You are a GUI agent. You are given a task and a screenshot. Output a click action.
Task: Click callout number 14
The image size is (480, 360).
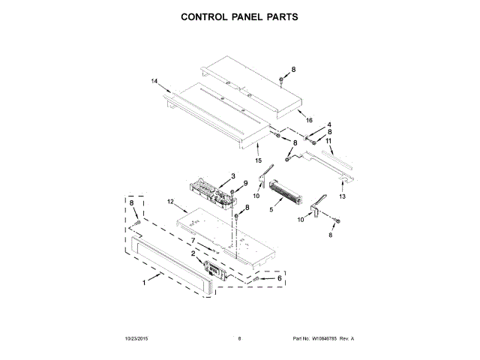pos(154,81)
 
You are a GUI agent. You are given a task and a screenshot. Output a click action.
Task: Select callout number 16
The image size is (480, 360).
pos(309,120)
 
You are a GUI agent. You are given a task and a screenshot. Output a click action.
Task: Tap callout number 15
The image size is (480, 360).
pos(259,160)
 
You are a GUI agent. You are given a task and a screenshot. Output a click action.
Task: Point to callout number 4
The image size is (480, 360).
pos(328,124)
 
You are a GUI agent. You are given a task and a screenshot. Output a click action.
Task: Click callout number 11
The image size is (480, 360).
pos(328,140)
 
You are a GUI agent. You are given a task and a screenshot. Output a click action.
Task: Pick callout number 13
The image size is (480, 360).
pos(342,196)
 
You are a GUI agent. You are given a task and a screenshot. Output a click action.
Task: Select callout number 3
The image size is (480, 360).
pos(233,175)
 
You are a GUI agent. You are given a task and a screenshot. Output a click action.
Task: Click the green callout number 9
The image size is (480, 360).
pos(244,184)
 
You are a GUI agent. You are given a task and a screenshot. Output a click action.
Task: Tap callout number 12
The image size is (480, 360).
pos(170,202)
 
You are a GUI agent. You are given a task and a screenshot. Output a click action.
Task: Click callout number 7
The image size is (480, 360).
pos(193,241)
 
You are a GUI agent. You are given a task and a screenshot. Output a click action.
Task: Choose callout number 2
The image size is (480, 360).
pos(193,253)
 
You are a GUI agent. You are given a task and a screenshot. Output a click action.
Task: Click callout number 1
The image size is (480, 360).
pos(145,282)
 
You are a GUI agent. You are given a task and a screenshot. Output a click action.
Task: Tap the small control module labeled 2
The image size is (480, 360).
pos(215,269)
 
